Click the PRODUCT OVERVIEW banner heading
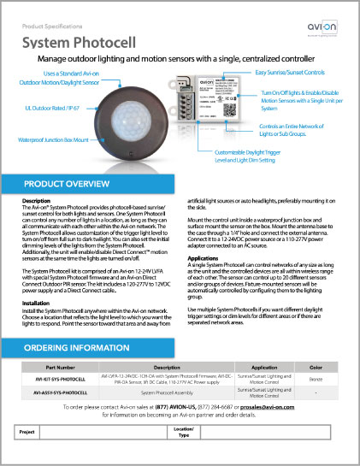pos(66,184)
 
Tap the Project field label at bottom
pos(32,433)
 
